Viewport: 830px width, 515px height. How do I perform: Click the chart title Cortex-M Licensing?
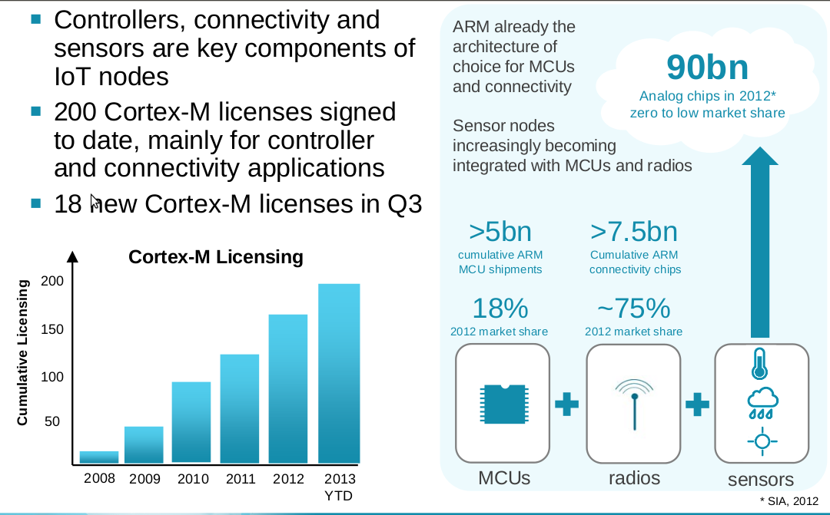(x=215, y=257)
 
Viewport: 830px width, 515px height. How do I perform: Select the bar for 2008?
(x=99, y=457)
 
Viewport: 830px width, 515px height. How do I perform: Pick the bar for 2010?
(x=191, y=422)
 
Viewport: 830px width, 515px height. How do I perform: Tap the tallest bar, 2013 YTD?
(x=339, y=374)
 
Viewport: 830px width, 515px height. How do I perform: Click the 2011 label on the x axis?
(x=241, y=479)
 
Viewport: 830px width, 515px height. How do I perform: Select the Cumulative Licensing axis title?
(x=22, y=352)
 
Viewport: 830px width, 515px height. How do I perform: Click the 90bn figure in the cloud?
(x=707, y=68)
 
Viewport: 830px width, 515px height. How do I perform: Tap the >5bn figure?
(x=500, y=231)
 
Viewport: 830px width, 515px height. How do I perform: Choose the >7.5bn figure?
(x=635, y=231)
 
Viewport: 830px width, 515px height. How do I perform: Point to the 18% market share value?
(x=500, y=308)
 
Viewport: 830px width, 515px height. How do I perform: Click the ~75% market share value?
(x=634, y=308)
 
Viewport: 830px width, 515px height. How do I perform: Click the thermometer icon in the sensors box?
(x=760, y=364)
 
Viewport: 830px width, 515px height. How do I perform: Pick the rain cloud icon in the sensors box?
(x=762, y=402)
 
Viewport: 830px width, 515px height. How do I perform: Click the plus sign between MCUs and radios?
(x=567, y=404)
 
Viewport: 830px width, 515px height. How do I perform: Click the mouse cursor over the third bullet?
(x=95, y=202)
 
